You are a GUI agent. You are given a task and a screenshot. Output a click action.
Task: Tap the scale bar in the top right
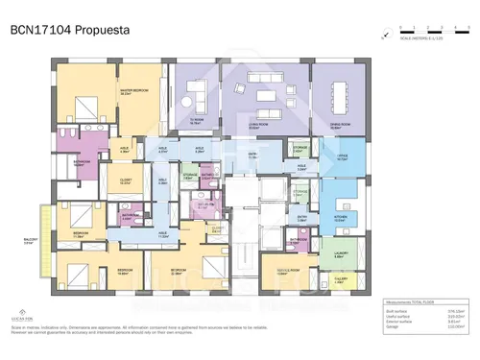click(422, 35)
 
